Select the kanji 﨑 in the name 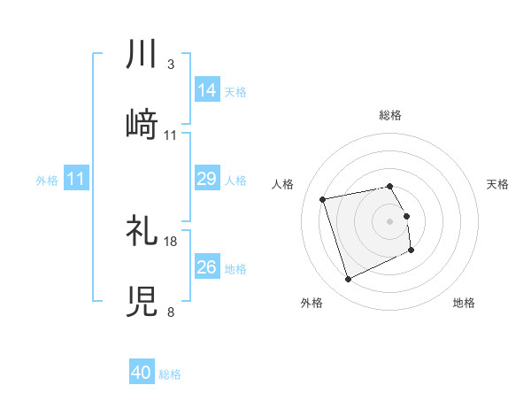coord(142,125)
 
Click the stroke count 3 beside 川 coord(170,65)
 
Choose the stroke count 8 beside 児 coord(170,312)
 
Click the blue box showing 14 coord(207,90)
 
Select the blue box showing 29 coord(207,180)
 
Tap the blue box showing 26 coord(207,267)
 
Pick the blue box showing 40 coord(142,374)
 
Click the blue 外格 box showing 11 coord(76,180)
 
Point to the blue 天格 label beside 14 coord(235,91)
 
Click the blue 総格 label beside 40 coord(170,374)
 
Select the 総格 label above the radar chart coord(390,115)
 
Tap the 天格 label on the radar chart coord(498,184)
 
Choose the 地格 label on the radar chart coord(464,303)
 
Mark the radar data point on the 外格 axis coord(348,280)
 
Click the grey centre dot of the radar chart coord(390,221)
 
